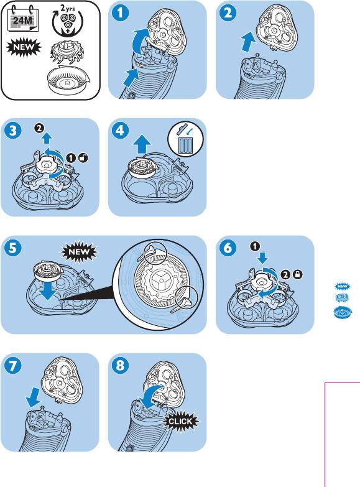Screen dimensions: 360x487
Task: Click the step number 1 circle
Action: coord(120,13)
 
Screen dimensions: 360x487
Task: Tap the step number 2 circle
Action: coord(228,13)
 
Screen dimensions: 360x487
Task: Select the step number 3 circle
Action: coord(12,131)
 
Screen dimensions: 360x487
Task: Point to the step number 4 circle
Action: coord(120,131)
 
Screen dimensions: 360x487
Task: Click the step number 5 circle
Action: coord(12,248)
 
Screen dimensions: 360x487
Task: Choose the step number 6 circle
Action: coord(228,248)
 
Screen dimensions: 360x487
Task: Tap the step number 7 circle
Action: coord(12,366)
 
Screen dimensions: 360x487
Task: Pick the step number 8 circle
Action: coord(120,366)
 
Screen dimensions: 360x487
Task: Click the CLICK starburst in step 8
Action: coord(181,422)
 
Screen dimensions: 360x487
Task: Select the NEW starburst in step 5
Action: coord(79,252)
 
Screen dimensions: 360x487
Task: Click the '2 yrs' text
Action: coord(67,7)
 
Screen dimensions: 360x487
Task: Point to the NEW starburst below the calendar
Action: coord(24,48)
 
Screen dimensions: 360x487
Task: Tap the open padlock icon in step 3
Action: coord(83,158)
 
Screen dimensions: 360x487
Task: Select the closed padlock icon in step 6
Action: coord(298,274)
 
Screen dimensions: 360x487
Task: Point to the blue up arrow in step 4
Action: coord(142,144)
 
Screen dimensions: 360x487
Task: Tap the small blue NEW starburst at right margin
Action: coord(343,286)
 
